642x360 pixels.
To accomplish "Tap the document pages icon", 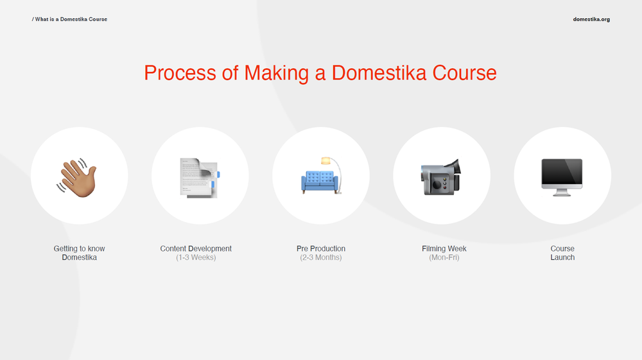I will (x=200, y=177).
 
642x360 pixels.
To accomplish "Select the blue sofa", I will (x=319, y=182).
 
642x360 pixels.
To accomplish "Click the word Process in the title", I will (x=180, y=73).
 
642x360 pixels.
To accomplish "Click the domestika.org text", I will (x=591, y=19).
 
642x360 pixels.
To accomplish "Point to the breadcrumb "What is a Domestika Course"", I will (x=71, y=19).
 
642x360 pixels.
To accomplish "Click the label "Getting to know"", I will (x=80, y=248).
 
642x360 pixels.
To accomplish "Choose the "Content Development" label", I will (x=196, y=248).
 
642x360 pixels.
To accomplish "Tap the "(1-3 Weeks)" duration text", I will (x=196, y=257).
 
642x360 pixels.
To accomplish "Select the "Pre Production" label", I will (x=321, y=248).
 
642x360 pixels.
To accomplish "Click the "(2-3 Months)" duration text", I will (x=321, y=257).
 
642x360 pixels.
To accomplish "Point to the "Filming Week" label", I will (x=444, y=248).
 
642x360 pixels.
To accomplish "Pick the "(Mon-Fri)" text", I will (x=444, y=257).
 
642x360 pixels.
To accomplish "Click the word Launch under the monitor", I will (x=562, y=257).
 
